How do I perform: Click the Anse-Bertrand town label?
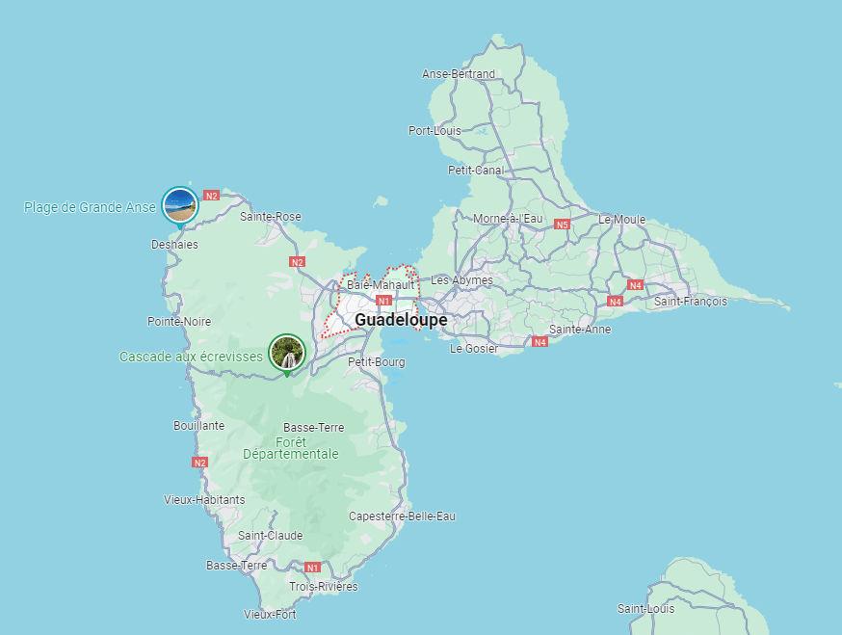coord(459,74)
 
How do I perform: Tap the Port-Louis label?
coord(434,131)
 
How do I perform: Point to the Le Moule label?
coord(621,220)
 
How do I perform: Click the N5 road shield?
coord(563,225)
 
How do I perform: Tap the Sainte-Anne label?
coord(580,330)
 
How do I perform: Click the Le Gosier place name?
coord(474,349)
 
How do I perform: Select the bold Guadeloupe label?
coord(401,319)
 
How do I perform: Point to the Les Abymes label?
coord(461,280)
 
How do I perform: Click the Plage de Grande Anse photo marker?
coord(180,204)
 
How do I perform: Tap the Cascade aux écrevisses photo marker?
coord(286,353)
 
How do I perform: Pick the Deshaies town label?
coord(174,245)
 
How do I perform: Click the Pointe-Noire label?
coord(179,321)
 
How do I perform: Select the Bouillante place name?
coord(198,425)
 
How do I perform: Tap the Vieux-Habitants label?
coord(205,500)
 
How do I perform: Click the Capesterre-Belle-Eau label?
coord(402,516)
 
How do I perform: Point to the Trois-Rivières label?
coord(324,587)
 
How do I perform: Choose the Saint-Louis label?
coord(646,609)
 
